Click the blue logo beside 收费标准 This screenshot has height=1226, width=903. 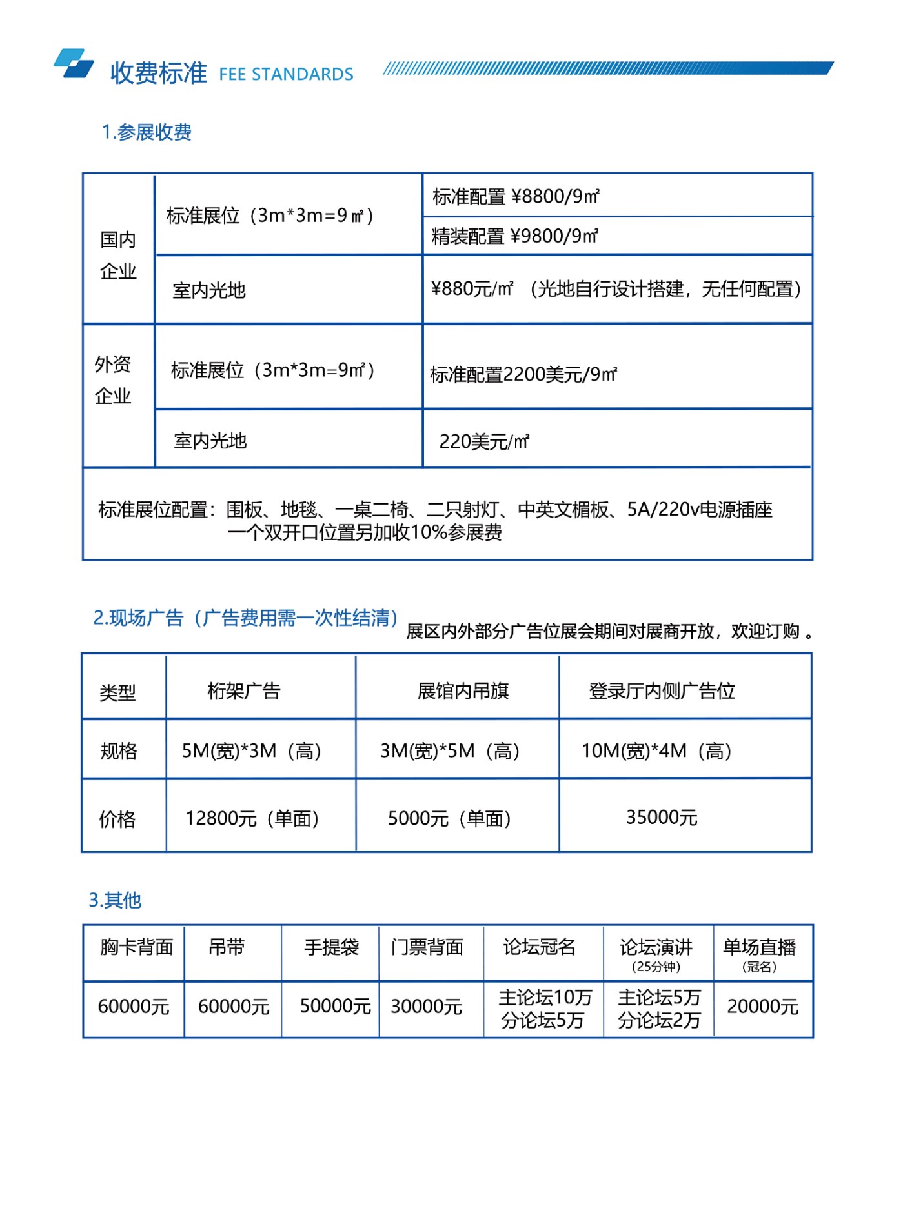point(74,64)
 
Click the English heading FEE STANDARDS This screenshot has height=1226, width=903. point(286,74)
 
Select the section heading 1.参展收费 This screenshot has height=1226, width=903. point(147,132)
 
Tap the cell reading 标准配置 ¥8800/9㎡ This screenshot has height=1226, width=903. point(516,196)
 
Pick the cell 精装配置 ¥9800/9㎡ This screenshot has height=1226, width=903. point(514,236)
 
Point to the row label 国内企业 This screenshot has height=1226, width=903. point(118,255)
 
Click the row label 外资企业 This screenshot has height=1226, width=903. point(113,379)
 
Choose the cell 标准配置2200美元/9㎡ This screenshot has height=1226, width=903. point(523,374)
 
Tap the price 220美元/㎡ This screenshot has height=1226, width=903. point(484,441)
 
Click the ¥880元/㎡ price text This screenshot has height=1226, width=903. point(472,289)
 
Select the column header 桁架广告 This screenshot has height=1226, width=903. point(244,691)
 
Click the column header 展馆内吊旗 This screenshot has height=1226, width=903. point(463,691)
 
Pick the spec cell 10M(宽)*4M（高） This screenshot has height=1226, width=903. point(656,750)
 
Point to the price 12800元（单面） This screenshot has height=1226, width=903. point(252,818)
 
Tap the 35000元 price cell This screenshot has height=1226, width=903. point(662,818)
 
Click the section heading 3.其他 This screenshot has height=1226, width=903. point(115,899)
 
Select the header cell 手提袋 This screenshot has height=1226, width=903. point(331,947)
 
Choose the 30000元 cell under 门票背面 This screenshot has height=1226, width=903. point(426,1007)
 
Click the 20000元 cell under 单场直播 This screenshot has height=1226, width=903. point(762,1007)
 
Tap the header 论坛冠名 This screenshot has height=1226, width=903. point(539,947)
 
